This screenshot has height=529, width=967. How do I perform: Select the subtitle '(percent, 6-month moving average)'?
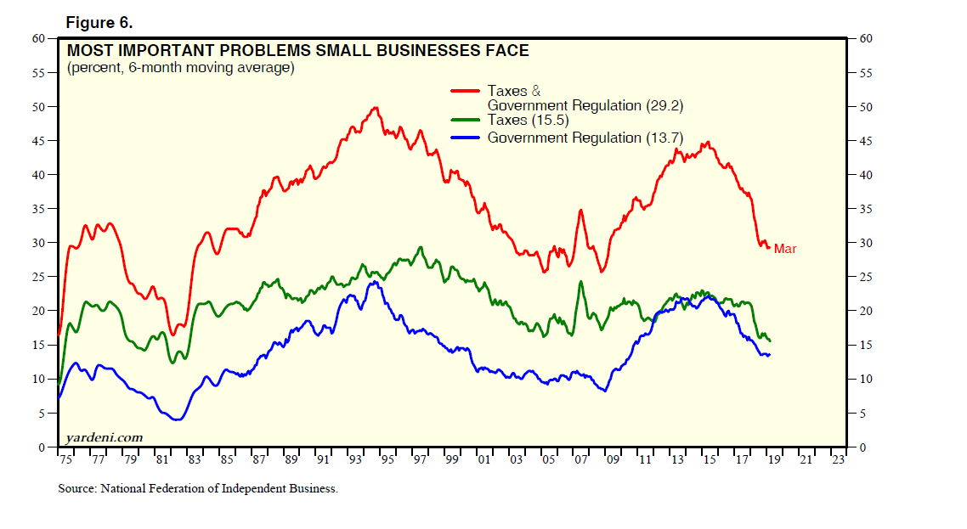pyautogui.click(x=180, y=68)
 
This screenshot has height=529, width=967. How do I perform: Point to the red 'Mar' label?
pyautogui.click(x=784, y=249)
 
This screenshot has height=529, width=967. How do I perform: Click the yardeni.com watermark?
pyautogui.click(x=104, y=437)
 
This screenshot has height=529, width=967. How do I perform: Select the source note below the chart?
pyautogui.click(x=198, y=488)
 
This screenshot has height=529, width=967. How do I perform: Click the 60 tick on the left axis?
pyautogui.click(x=38, y=38)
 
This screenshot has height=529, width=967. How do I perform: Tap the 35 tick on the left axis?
pyautogui.click(x=38, y=209)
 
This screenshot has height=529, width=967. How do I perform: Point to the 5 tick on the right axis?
pyautogui.click(x=861, y=414)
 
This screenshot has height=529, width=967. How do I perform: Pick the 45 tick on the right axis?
pyautogui.click(x=864, y=141)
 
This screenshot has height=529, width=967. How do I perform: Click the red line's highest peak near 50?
pyautogui.click(x=375, y=108)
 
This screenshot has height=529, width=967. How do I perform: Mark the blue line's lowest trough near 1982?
pyautogui.click(x=177, y=419)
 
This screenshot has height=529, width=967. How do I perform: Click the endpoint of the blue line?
pyautogui.click(x=769, y=354)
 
